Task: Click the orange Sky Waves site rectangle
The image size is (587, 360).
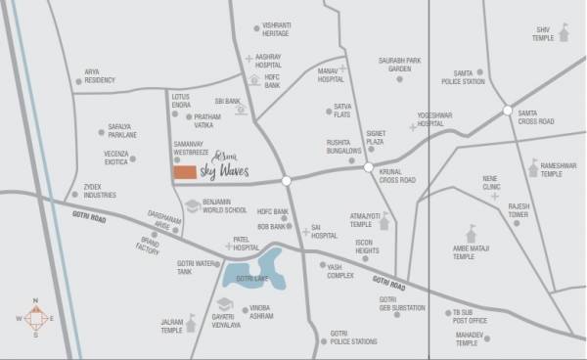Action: click(x=183, y=173)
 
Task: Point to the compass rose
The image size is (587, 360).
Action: click(x=34, y=319)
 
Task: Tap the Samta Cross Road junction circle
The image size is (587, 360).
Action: click(x=507, y=110)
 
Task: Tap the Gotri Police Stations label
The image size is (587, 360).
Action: click(x=353, y=338)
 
